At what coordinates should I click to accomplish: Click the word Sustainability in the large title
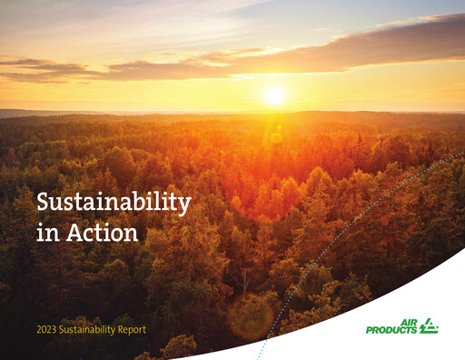pyautogui.click(x=113, y=203)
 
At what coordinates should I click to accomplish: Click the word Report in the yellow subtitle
pyautogui.click(x=130, y=328)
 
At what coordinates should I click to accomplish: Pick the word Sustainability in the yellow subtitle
pyautogui.click(x=87, y=328)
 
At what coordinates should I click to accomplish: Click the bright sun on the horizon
pyautogui.click(x=274, y=95)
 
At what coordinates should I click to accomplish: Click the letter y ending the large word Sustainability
pyautogui.click(x=184, y=205)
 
